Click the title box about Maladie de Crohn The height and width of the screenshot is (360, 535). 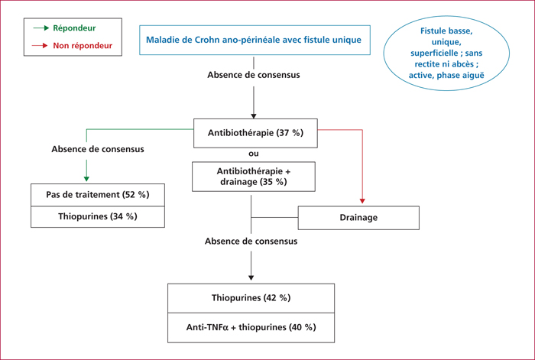click(255, 40)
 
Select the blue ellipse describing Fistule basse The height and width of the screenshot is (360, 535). click(446, 54)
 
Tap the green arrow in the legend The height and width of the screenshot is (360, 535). click(41, 28)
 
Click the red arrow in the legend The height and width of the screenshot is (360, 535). click(40, 45)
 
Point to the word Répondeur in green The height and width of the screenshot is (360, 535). click(74, 28)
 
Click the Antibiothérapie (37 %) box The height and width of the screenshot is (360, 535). click(255, 133)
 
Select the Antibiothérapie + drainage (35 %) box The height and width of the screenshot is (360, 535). click(254, 177)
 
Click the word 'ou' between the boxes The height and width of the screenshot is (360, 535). click(254, 154)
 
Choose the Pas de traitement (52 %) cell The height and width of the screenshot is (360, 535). click(98, 195)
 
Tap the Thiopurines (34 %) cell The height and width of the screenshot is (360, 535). click(98, 216)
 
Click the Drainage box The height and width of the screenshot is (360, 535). click(358, 218)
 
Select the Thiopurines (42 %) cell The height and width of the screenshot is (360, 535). click(251, 298)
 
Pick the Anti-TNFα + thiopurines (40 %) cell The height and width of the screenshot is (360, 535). click(251, 328)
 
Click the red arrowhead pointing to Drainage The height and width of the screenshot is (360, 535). click(362, 201)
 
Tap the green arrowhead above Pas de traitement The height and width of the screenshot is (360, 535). click(86, 179)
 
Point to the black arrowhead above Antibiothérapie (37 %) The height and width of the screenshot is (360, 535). click(254, 116)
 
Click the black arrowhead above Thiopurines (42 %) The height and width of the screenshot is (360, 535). click(251, 277)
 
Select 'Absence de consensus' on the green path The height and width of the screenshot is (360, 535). click(98, 149)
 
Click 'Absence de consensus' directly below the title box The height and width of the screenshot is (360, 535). click(254, 75)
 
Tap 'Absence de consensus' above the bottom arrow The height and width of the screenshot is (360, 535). click(251, 242)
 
